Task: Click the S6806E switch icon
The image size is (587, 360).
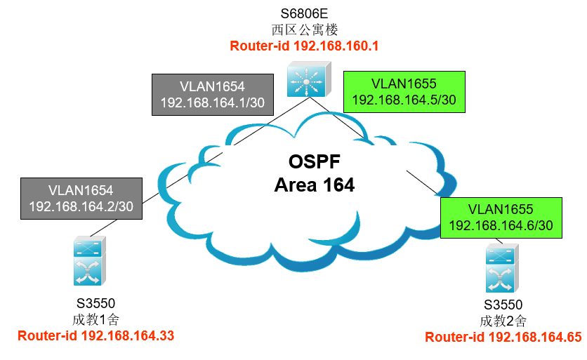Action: [309, 79]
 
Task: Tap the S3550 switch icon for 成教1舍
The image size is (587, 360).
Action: [89, 261]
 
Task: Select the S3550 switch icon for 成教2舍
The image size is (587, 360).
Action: [502, 268]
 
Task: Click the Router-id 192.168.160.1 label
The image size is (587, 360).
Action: [304, 46]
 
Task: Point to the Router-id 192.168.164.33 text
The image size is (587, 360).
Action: [95, 335]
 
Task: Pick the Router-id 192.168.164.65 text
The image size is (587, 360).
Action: [503, 337]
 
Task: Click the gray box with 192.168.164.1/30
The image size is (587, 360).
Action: [213, 95]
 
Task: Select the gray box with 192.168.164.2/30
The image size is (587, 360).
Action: [81, 199]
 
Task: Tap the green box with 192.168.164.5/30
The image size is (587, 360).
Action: [404, 92]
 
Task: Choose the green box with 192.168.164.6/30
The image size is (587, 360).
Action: [501, 218]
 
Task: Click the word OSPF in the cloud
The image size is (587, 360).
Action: [315, 161]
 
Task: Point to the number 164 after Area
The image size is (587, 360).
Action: [339, 185]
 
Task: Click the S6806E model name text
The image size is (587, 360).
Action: [304, 13]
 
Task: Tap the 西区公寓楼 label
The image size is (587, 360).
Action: [304, 29]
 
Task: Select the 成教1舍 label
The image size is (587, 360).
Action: [95, 319]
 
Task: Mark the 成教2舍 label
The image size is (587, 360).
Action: [503, 321]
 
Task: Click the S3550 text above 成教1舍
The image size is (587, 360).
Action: [95, 303]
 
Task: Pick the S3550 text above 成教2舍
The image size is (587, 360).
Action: [503, 305]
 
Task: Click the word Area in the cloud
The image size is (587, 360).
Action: [296, 185]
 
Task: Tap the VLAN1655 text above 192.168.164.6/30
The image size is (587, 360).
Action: [501, 209]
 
